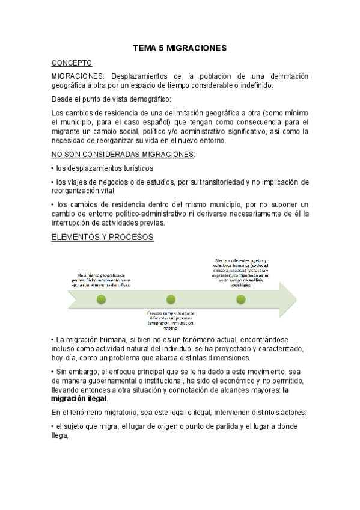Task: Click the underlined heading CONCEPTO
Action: (72, 62)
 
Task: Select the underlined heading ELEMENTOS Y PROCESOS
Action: (103, 237)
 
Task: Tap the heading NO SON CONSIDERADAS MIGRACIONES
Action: (123, 154)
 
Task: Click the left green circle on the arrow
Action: (101, 298)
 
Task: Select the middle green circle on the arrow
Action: (171, 298)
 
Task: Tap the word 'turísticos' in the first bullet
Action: (136, 168)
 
